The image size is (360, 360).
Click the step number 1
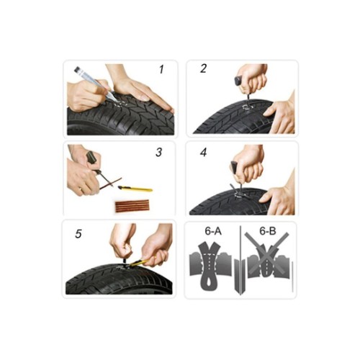pos(161,69)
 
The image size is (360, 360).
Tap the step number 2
pos(203,68)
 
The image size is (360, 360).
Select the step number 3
pos(159,152)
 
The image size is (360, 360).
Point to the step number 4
pos(203,152)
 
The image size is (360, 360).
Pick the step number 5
pos(78,234)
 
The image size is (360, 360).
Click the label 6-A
pos(213,231)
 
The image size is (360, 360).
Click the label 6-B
pos(268,231)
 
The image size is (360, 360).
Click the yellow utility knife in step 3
pos(135,189)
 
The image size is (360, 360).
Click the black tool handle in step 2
pos(239,81)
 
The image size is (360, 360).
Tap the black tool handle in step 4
pos(234,166)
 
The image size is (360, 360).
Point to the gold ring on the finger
pos(81,189)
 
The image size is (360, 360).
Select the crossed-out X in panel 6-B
pos(267,253)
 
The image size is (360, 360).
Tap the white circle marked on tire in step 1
pos(120,104)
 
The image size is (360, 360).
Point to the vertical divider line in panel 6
pos(240,261)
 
